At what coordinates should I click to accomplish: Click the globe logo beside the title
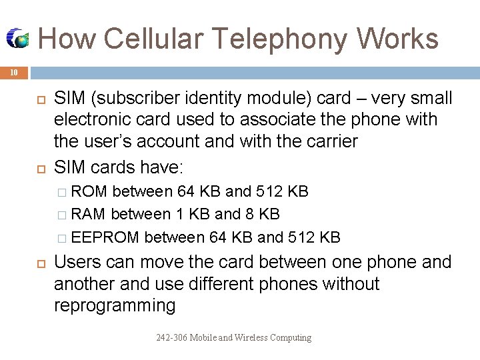click(x=18, y=39)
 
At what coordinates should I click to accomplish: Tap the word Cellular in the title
click(x=141, y=39)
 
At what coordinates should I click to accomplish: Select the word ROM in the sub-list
click(x=89, y=192)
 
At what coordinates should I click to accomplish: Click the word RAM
click(x=89, y=214)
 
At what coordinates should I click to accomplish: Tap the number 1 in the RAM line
click(x=179, y=214)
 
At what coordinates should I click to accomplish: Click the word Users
click(x=77, y=262)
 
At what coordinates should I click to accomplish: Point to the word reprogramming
click(x=114, y=305)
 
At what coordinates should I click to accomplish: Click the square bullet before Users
click(x=38, y=263)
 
